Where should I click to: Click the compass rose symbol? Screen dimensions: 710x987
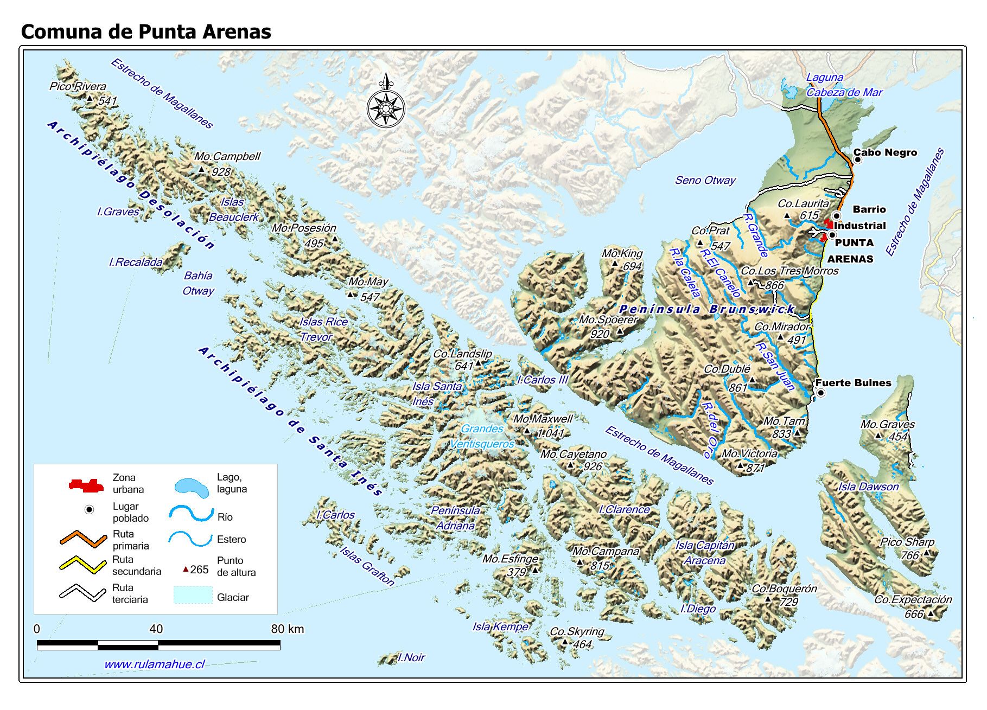(385, 107)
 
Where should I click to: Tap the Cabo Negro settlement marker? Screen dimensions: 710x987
(858, 159)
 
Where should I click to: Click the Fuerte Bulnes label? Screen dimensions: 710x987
(853, 383)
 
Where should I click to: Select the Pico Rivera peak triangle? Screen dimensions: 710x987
(90, 98)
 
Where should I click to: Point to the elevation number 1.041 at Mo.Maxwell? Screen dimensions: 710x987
(550, 433)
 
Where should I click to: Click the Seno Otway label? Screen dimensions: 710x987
(705, 180)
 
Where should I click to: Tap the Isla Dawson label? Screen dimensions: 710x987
(868, 487)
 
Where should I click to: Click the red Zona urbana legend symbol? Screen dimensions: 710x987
(86, 485)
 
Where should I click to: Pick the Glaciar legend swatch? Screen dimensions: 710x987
(193, 596)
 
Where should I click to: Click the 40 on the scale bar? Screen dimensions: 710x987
(156, 629)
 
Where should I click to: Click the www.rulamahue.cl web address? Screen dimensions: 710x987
(154, 664)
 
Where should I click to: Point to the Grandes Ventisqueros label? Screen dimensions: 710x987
(482, 436)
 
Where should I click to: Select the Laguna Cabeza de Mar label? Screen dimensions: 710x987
(844, 85)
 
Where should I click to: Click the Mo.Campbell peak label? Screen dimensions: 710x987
(227, 156)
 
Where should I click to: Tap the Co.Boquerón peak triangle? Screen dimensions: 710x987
(768, 599)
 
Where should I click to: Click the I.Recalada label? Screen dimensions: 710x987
(136, 262)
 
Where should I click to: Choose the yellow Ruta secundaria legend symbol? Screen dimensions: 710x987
(82, 565)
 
